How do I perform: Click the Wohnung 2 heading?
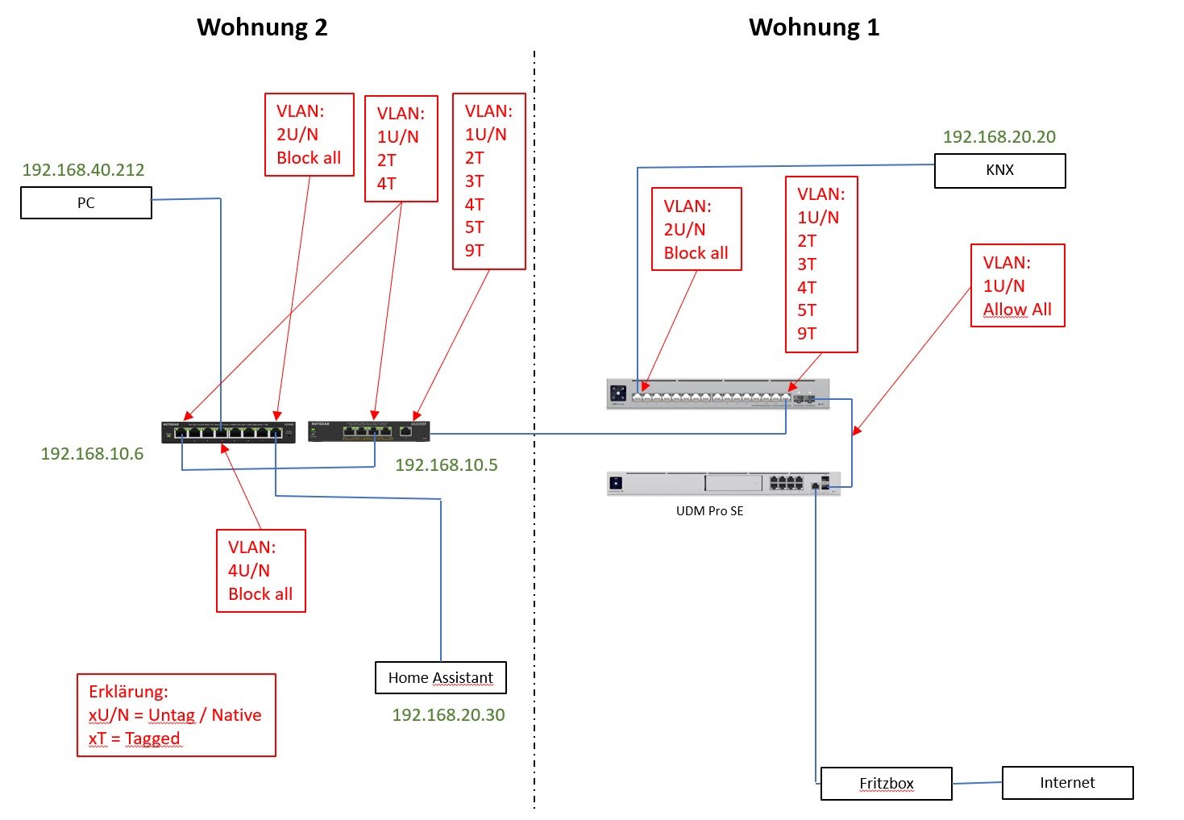(x=262, y=27)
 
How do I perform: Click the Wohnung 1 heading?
(x=814, y=27)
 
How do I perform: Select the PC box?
(x=86, y=203)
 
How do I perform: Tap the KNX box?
(x=999, y=171)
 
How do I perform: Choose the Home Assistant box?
(x=440, y=678)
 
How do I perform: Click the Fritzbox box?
(x=886, y=784)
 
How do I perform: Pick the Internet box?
(x=1067, y=783)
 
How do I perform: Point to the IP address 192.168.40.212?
(x=83, y=170)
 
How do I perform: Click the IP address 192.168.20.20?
(x=999, y=137)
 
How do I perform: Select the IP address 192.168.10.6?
(x=92, y=454)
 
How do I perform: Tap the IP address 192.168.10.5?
(x=446, y=465)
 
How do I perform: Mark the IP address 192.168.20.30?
(x=448, y=715)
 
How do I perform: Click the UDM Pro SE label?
(x=709, y=511)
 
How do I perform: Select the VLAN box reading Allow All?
(x=1017, y=285)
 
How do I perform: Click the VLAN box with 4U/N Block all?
(x=260, y=571)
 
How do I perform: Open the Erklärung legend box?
(x=176, y=715)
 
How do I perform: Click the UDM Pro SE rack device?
(x=723, y=483)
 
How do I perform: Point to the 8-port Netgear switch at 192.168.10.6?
(x=228, y=431)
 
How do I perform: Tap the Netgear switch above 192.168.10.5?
(x=368, y=431)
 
